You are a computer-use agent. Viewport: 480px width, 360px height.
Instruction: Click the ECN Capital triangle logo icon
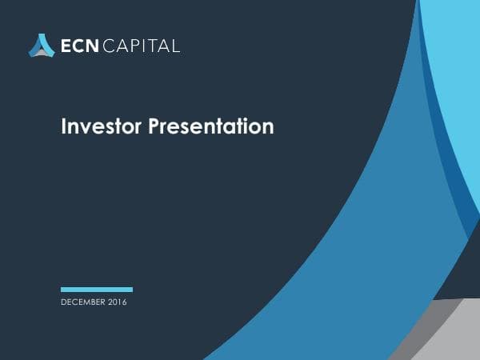click(x=42, y=45)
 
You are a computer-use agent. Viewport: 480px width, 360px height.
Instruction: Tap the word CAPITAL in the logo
click(x=142, y=46)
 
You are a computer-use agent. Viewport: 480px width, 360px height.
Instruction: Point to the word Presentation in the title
click(x=211, y=126)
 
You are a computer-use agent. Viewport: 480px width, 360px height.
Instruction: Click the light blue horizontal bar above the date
click(x=97, y=290)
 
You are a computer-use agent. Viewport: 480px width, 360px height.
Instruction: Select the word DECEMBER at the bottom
click(x=83, y=302)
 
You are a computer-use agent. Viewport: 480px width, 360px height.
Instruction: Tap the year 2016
click(x=117, y=302)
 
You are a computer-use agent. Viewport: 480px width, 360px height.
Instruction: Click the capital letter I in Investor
click(x=64, y=126)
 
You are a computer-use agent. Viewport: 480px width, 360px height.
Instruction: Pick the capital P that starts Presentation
click(x=154, y=126)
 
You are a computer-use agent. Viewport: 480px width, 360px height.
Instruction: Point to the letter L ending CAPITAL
click(x=176, y=46)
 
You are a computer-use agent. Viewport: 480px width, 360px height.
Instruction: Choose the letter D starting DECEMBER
click(x=63, y=302)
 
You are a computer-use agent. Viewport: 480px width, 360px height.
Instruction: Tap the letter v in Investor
click(x=82, y=128)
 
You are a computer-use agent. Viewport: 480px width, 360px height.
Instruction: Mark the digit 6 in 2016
click(x=125, y=302)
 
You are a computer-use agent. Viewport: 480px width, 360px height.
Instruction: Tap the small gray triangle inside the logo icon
click(x=42, y=50)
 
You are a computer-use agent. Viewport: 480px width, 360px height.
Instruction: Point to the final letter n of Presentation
click(x=268, y=128)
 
